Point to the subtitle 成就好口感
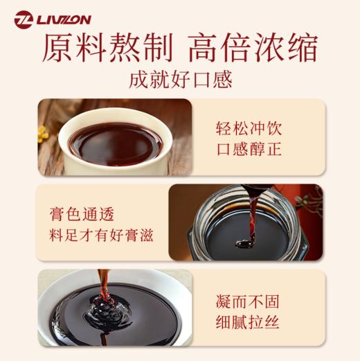[x=180, y=80]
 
